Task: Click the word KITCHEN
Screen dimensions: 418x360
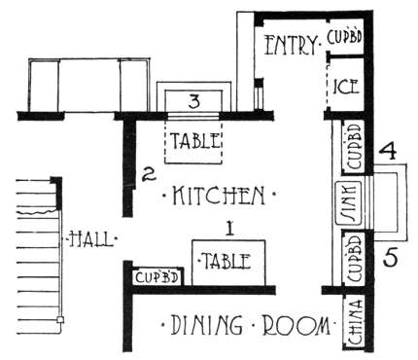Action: coord(219,196)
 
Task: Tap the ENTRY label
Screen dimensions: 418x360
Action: coord(291,45)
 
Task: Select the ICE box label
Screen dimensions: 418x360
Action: coord(346,87)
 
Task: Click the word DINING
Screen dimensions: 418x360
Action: coord(206,324)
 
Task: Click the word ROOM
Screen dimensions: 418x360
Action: coord(296,325)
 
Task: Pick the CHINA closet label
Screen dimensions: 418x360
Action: coord(356,322)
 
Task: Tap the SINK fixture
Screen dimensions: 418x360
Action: coord(348,203)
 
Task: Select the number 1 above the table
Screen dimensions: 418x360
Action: coord(229,229)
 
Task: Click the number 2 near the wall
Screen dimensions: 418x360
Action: coord(149,175)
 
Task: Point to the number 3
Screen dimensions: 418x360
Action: coord(193,101)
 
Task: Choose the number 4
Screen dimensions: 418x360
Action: coord(388,151)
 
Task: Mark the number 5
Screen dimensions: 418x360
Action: coord(390,258)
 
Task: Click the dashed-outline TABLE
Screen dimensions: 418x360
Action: coord(193,141)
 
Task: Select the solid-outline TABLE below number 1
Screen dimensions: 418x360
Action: coord(228,263)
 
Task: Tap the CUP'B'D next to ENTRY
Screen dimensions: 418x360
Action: coord(344,37)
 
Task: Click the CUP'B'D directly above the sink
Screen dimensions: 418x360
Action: coord(354,146)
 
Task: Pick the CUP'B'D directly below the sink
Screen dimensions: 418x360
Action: coord(354,258)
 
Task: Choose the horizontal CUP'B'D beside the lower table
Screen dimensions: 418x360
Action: coord(157,277)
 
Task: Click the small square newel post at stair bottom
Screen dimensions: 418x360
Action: coord(60,320)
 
